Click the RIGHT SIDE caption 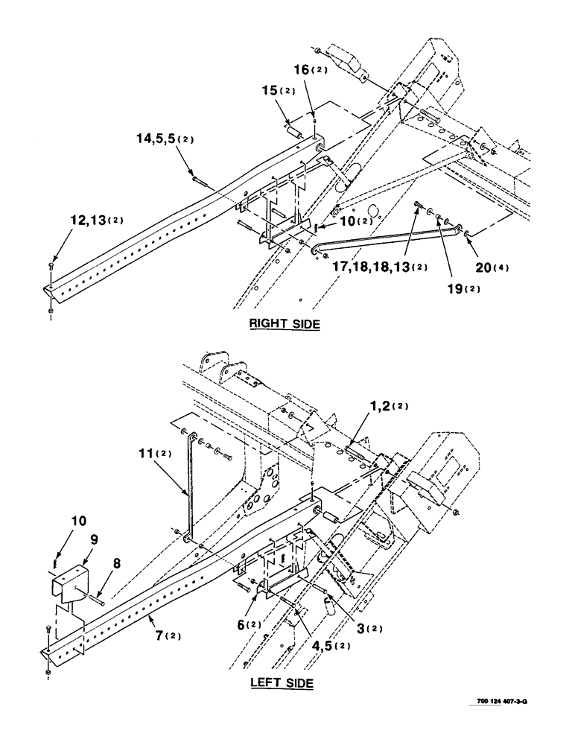(284, 324)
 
